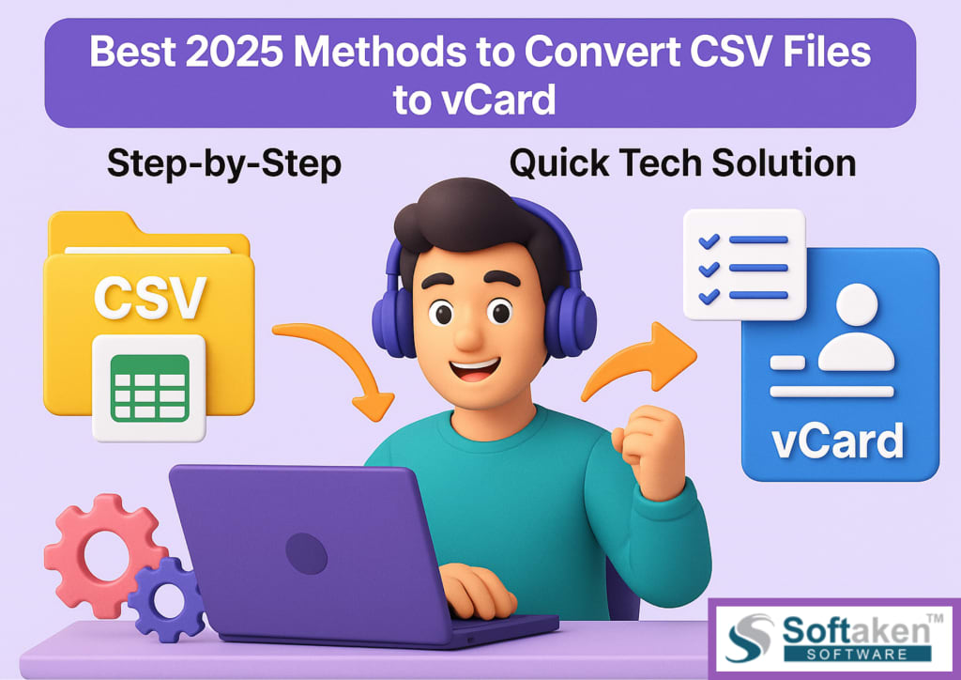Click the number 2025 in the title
[234, 52]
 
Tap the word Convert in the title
[602, 52]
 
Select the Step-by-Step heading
[223, 164]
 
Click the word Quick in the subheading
[559, 163]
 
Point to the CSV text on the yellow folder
[149, 298]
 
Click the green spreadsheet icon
[149, 388]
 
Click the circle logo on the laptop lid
[307, 553]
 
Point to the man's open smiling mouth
[473, 369]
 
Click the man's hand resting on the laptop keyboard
[477, 591]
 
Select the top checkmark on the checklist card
[709, 241]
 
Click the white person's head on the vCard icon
[856, 304]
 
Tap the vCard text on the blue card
[837, 440]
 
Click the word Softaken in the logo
[856, 629]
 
